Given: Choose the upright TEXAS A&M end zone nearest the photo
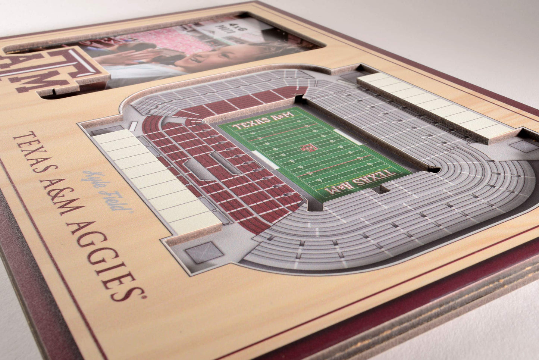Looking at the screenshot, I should (263, 120).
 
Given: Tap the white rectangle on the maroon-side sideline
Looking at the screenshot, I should (266, 160).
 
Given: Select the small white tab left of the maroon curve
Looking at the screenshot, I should (133, 126).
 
